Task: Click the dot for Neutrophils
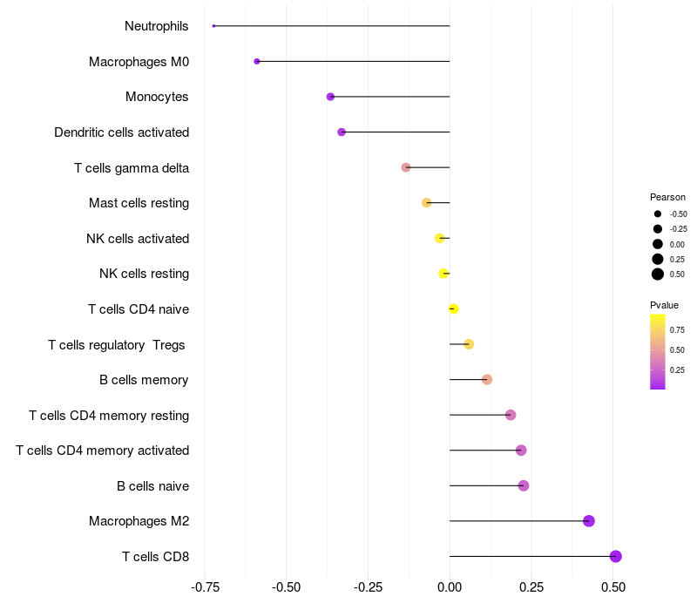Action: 213,26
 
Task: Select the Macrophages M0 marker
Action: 257,61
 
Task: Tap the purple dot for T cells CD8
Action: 616,556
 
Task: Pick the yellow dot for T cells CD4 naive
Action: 453,308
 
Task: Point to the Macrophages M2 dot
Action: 589,521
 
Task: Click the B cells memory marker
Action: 487,380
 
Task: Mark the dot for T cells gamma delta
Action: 406,167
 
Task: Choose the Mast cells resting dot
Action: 427,203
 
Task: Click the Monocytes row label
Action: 157,97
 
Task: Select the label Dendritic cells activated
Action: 122,132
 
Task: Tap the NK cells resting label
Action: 145,274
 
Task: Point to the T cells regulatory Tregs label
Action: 117,345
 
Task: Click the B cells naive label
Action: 153,485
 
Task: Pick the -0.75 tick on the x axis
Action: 205,586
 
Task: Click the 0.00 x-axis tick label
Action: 450,586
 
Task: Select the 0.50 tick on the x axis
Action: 613,586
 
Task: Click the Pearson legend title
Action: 667,197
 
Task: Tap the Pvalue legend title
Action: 664,305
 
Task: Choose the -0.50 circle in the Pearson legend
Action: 658,213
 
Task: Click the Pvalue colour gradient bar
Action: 658,351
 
